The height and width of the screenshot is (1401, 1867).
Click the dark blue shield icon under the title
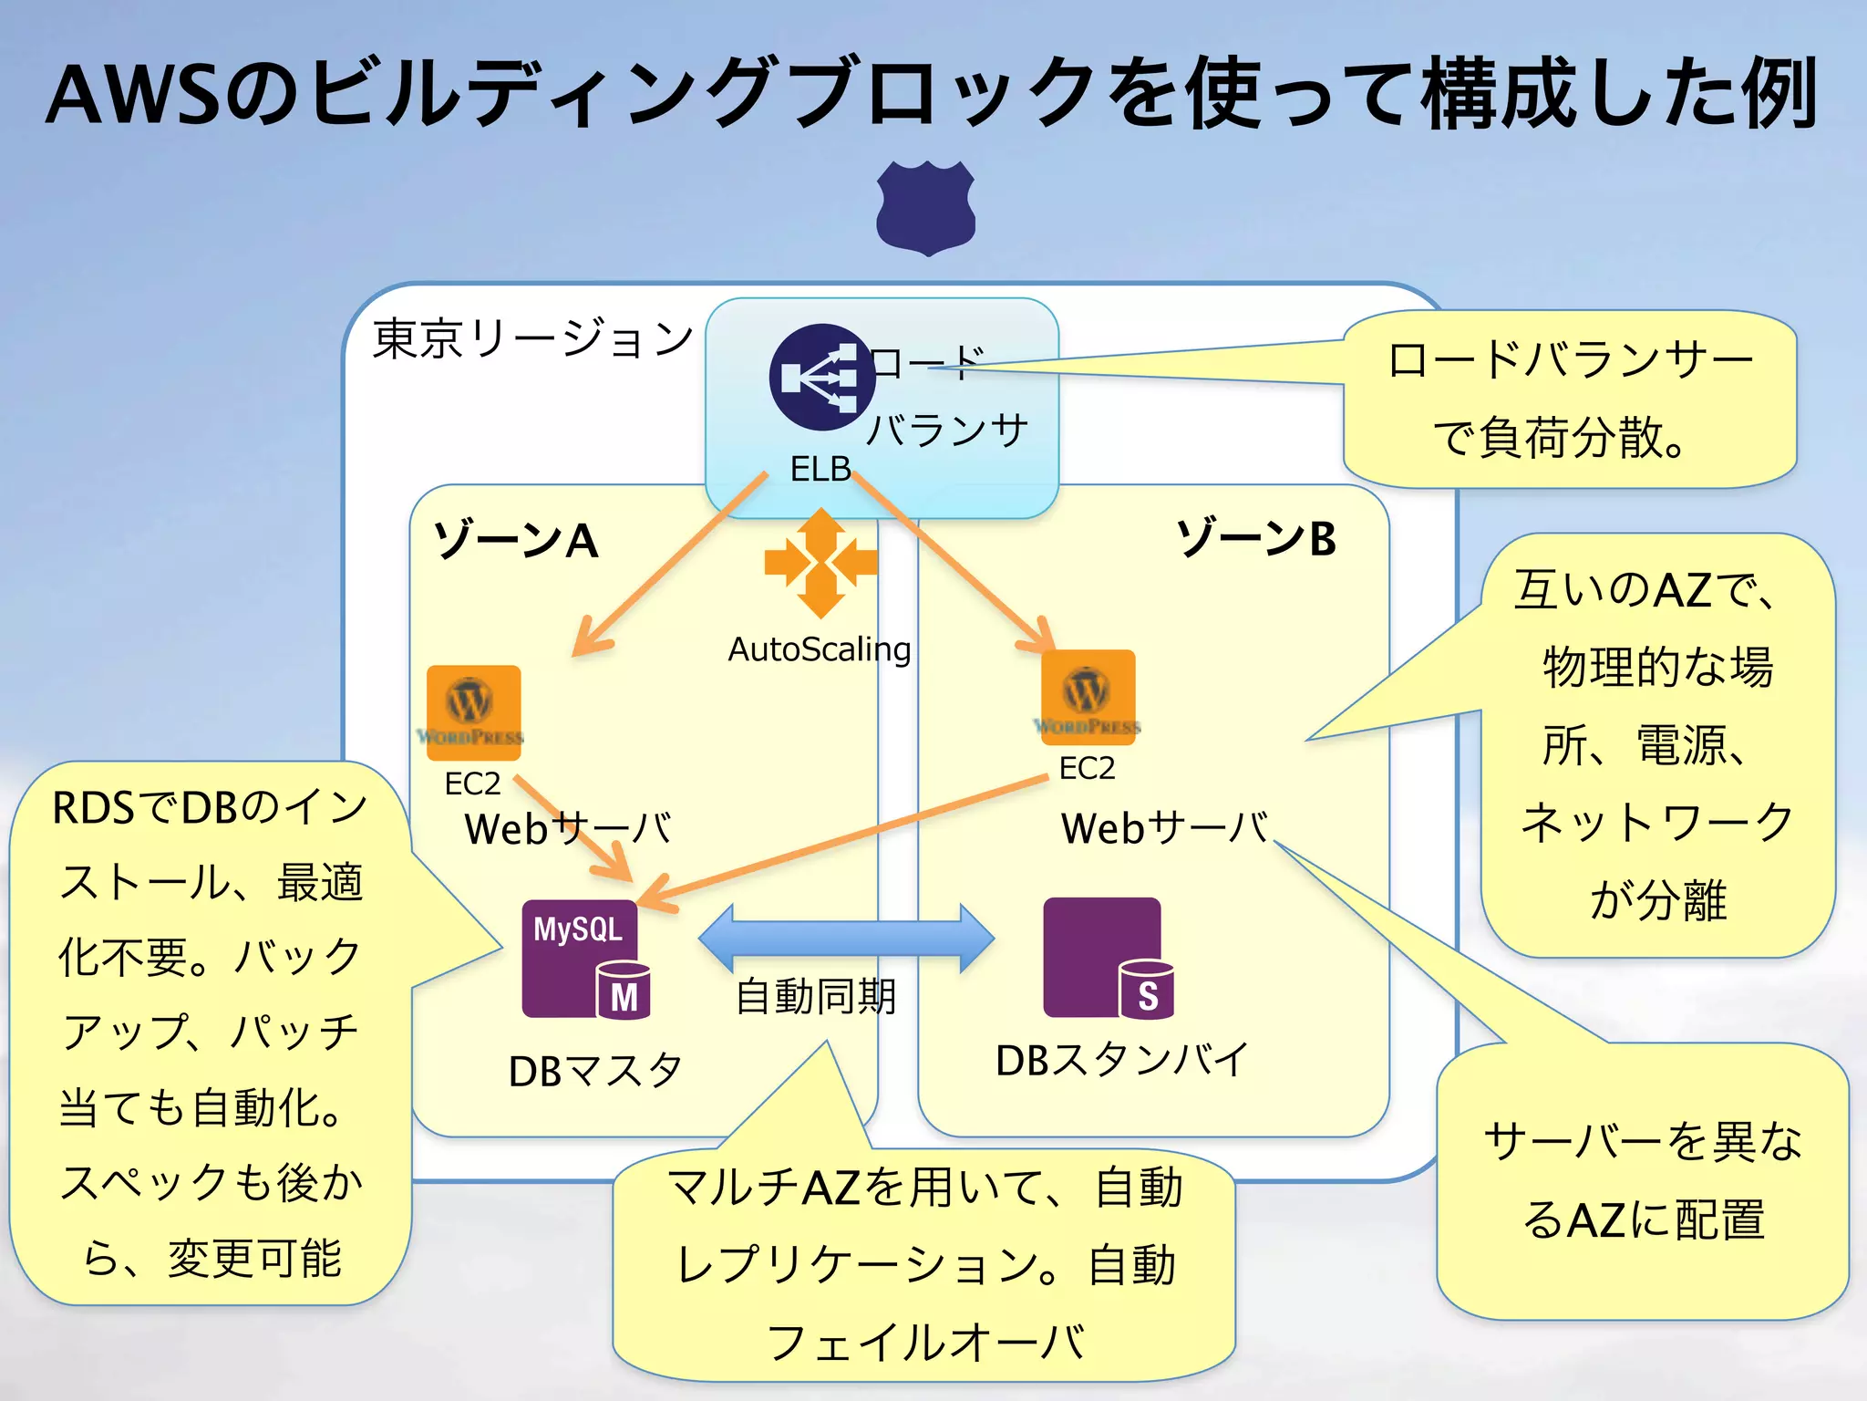click(x=925, y=208)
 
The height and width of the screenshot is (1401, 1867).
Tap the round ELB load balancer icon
click(x=821, y=377)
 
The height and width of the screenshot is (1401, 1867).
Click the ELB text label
click(x=820, y=469)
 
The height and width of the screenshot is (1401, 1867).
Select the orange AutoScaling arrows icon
click(x=820, y=563)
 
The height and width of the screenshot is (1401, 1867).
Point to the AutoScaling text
click(x=819, y=649)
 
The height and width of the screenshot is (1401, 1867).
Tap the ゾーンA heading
click(x=516, y=540)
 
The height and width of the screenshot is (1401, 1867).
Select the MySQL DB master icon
click(x=583, y=959)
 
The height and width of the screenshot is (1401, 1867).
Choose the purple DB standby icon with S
click(x=1106, y=958)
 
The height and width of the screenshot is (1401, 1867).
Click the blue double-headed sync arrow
click(x=846, y=939)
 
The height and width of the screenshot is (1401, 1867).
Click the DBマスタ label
click(x=594, y=1071)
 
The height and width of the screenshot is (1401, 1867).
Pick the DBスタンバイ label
click(x=1121, y=1060)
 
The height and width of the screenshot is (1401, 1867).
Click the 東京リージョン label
click(x=532, y=338)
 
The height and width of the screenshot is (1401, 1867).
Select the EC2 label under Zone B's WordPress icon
click(x=1087, y=768)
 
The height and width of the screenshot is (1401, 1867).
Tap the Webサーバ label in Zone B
click(x=1164, y=828)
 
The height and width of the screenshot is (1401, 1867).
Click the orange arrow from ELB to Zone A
click(x=670, y=563)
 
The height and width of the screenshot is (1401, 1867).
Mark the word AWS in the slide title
click(x=134, y=94)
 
